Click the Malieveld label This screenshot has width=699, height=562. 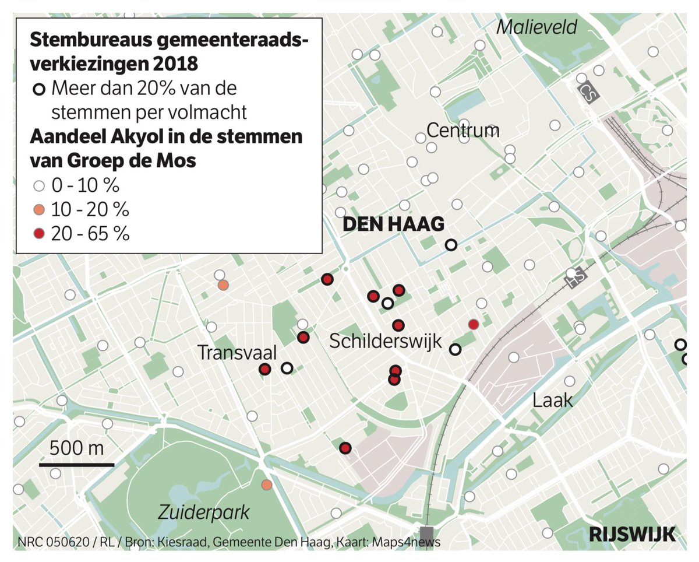point(537,27)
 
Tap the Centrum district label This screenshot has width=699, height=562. point(463,131)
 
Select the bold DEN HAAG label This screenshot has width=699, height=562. point(394,224)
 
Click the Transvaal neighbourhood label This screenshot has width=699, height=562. point(236,353)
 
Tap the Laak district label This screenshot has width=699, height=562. point(553,400)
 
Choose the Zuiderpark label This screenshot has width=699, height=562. point(204,512)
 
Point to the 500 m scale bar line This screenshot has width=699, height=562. point(76,465)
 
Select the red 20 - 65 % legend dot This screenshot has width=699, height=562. point(39,234)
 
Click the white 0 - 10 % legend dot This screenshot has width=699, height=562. point(39,187)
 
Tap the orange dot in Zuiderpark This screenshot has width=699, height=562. point(267,484)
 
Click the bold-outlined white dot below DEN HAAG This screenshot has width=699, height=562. point(451,245)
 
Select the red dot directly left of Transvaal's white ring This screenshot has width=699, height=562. point(264,369)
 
